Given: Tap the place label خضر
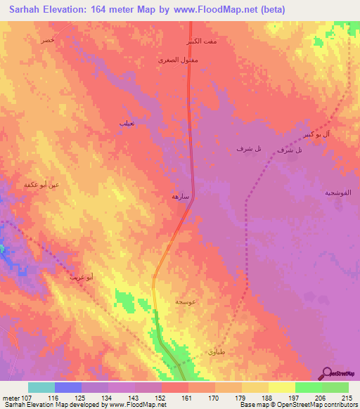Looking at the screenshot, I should tap(47, 41).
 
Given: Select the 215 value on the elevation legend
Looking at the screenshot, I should tap(344, 398).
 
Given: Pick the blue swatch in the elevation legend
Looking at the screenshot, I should tap(68, 387).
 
